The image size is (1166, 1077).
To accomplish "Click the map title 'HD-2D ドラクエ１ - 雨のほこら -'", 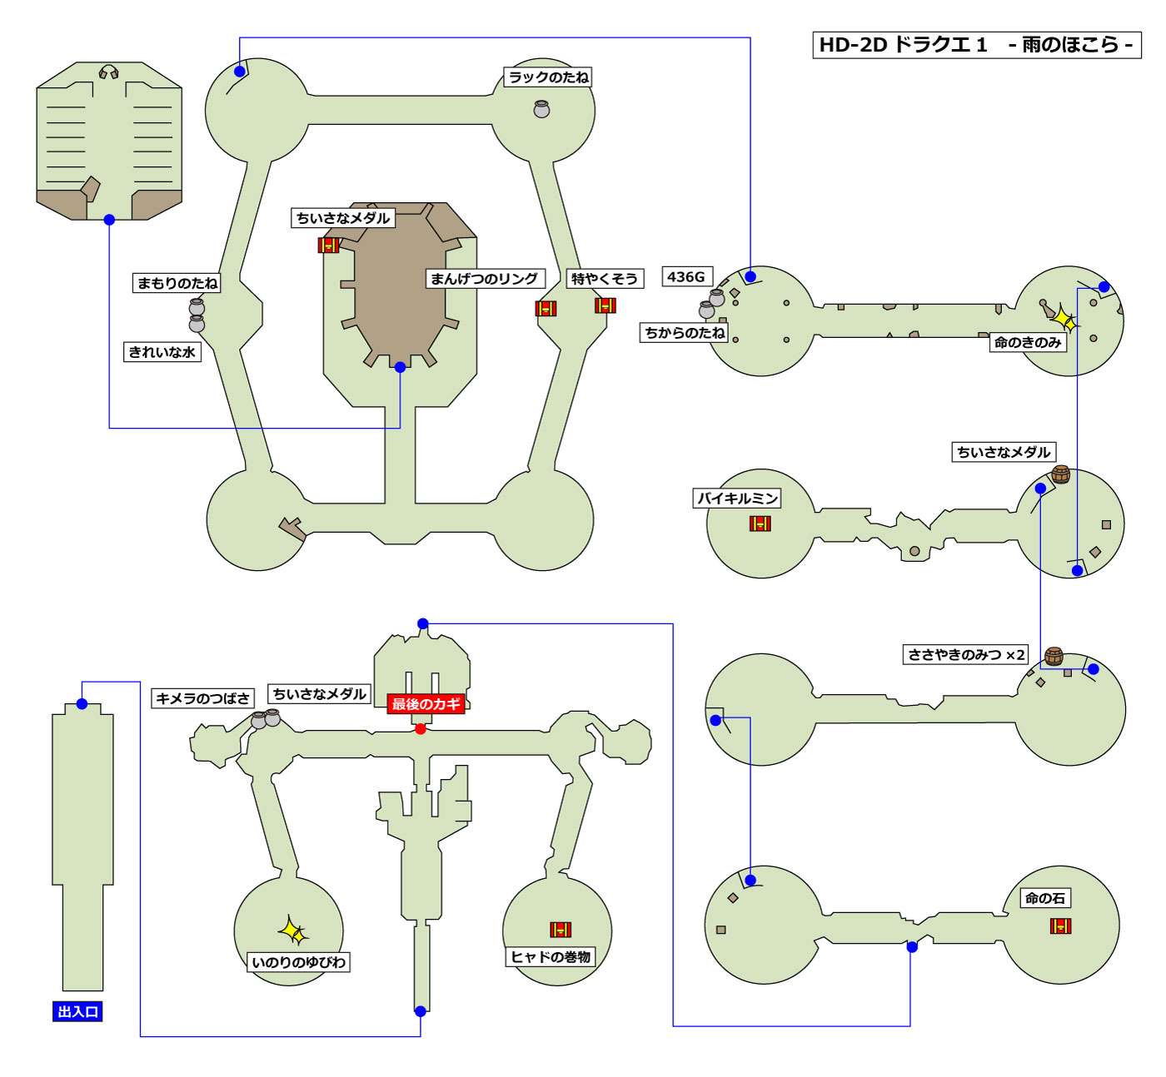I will tap(976, 45).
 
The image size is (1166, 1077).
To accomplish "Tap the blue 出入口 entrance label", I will tap(77, 1012).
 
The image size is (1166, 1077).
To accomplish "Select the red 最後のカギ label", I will tap(426, 704).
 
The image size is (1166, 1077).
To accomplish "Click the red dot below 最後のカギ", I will tap(421, 729).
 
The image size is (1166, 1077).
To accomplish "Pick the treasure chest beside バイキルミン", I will tap(760, 524).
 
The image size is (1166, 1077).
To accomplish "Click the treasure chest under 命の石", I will tap(1060, 926).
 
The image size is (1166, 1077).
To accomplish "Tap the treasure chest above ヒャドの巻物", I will tap(561, 930).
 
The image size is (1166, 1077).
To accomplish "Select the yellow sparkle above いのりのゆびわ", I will tap(293, 931).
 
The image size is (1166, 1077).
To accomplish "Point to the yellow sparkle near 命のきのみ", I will tap(1064, 320).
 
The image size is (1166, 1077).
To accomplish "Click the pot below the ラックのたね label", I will tap(541, 109).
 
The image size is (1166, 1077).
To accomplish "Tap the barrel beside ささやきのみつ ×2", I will tap(1054, 656).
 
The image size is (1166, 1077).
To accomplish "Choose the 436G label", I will tap(686, 277).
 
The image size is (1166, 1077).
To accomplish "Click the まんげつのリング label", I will tap(484, 279).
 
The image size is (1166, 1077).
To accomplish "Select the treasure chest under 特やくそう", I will tap(605, 305).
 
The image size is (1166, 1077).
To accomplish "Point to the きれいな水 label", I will tap(162, 352).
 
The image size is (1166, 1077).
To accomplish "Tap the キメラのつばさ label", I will tap(202, 699).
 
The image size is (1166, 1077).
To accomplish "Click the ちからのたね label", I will tap(685, 333).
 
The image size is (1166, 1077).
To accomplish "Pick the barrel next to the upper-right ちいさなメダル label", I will tap(1060, 474).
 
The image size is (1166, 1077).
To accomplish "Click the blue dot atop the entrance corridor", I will tap(82, 704).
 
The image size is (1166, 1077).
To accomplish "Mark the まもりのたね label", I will tap(177, 283).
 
